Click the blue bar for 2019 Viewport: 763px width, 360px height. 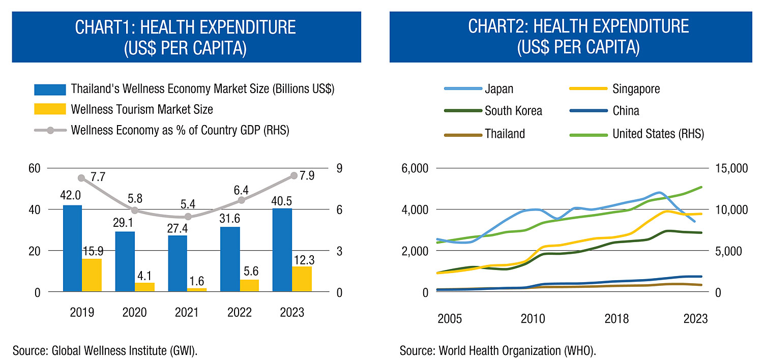pyautogui.click(x=72, y=248)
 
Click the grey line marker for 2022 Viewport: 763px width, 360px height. pyautogui.click(x=242, y=200)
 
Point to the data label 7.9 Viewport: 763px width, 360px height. pyautogui.click(x=307, y=175)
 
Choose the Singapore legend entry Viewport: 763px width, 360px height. pyautogui.click(x=636, y=89)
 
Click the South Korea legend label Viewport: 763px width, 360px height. pyautogui.click(x=513, y=111)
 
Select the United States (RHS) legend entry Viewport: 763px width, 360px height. pyautogui.click(x=658, y=133)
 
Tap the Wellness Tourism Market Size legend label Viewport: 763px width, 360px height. pyautogui.click(x=141, y=109)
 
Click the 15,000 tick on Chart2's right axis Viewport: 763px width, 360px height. pyautogui.click(x=729, y=168)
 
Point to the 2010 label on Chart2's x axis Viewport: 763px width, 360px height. pyautogui.click(x=533, y=319)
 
